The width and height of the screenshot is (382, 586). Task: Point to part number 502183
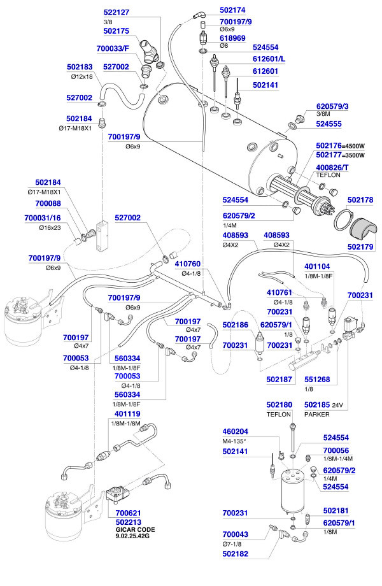pyautogui.click(x=80, y=66)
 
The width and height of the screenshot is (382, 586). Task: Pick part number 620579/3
pyautogui.click(x=336, y=106)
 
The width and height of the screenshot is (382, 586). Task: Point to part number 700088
pyautogui.click(x=48, y=204)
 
